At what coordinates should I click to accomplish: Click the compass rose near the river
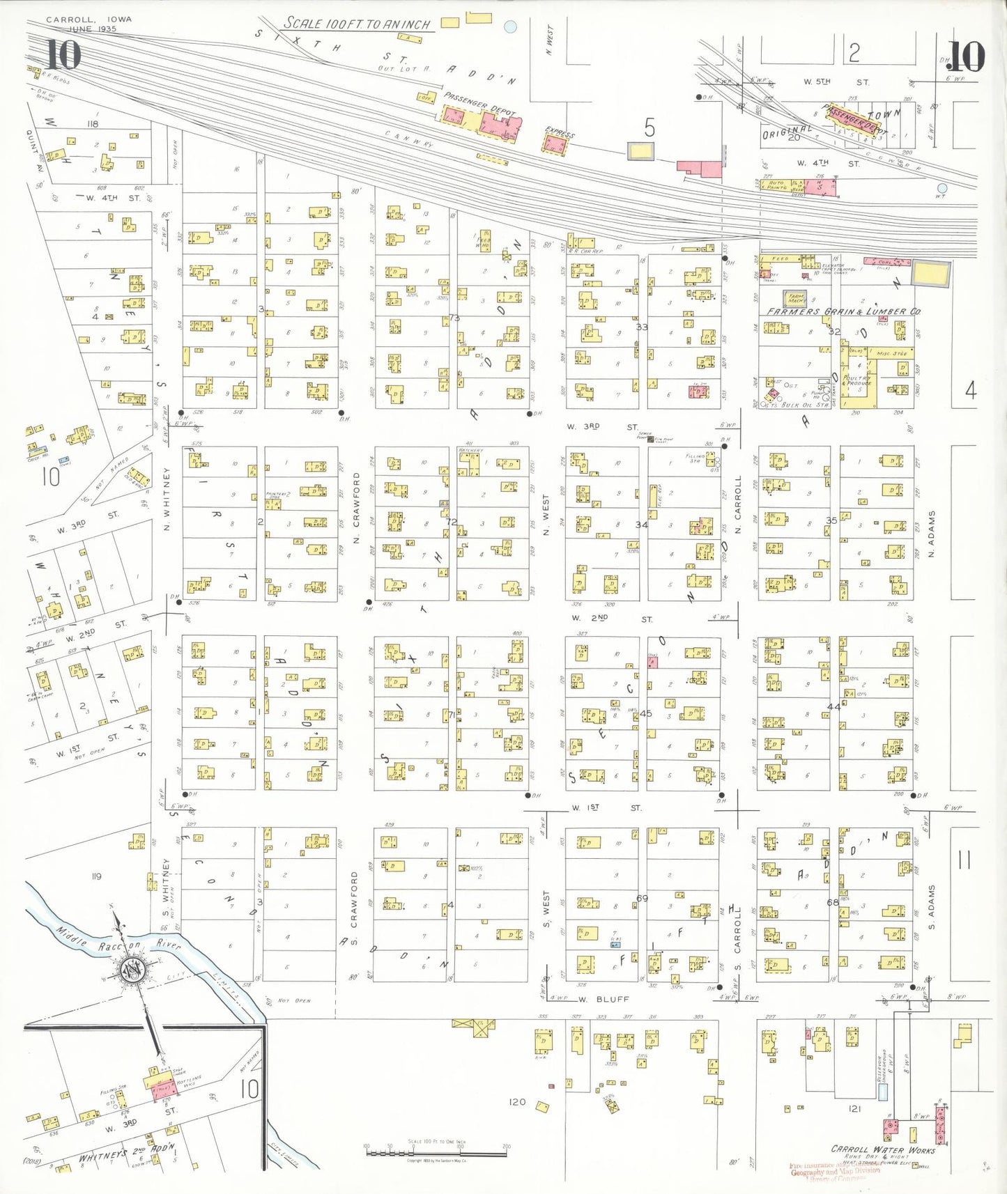[x=131, y=970]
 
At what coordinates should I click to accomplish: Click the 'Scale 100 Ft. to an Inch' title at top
[x=357, y=24]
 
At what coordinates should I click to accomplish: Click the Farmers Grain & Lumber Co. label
[x=843, y=311]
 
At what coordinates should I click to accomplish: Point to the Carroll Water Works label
[x=882, y=1149]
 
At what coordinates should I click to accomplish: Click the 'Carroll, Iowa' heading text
[x=89, y=20]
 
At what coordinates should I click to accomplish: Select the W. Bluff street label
[x=604, y=998]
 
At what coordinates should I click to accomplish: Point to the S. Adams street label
[x=932, y=908]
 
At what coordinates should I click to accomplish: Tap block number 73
[x=454, y=318]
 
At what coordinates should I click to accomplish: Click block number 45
[x=645, y=713]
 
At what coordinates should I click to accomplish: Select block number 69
[x=642, y=898]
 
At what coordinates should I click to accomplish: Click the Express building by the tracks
[x=555, y=144]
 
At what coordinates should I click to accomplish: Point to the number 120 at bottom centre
[x=517, y=1101]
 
